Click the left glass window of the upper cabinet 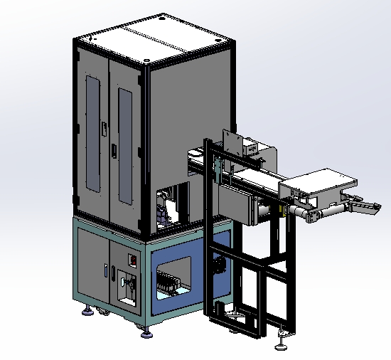pyautogui.click(x=92, y=134)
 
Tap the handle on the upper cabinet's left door pyautogui.click(x=104, y=129)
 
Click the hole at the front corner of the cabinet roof pyautogui.click(x=146, y=63)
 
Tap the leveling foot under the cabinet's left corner pyautogui.click(x=87, y=310)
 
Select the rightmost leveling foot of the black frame pyautogui.click(x=284, y=345)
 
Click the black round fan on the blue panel pyautogui.click(x=219, y=266)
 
